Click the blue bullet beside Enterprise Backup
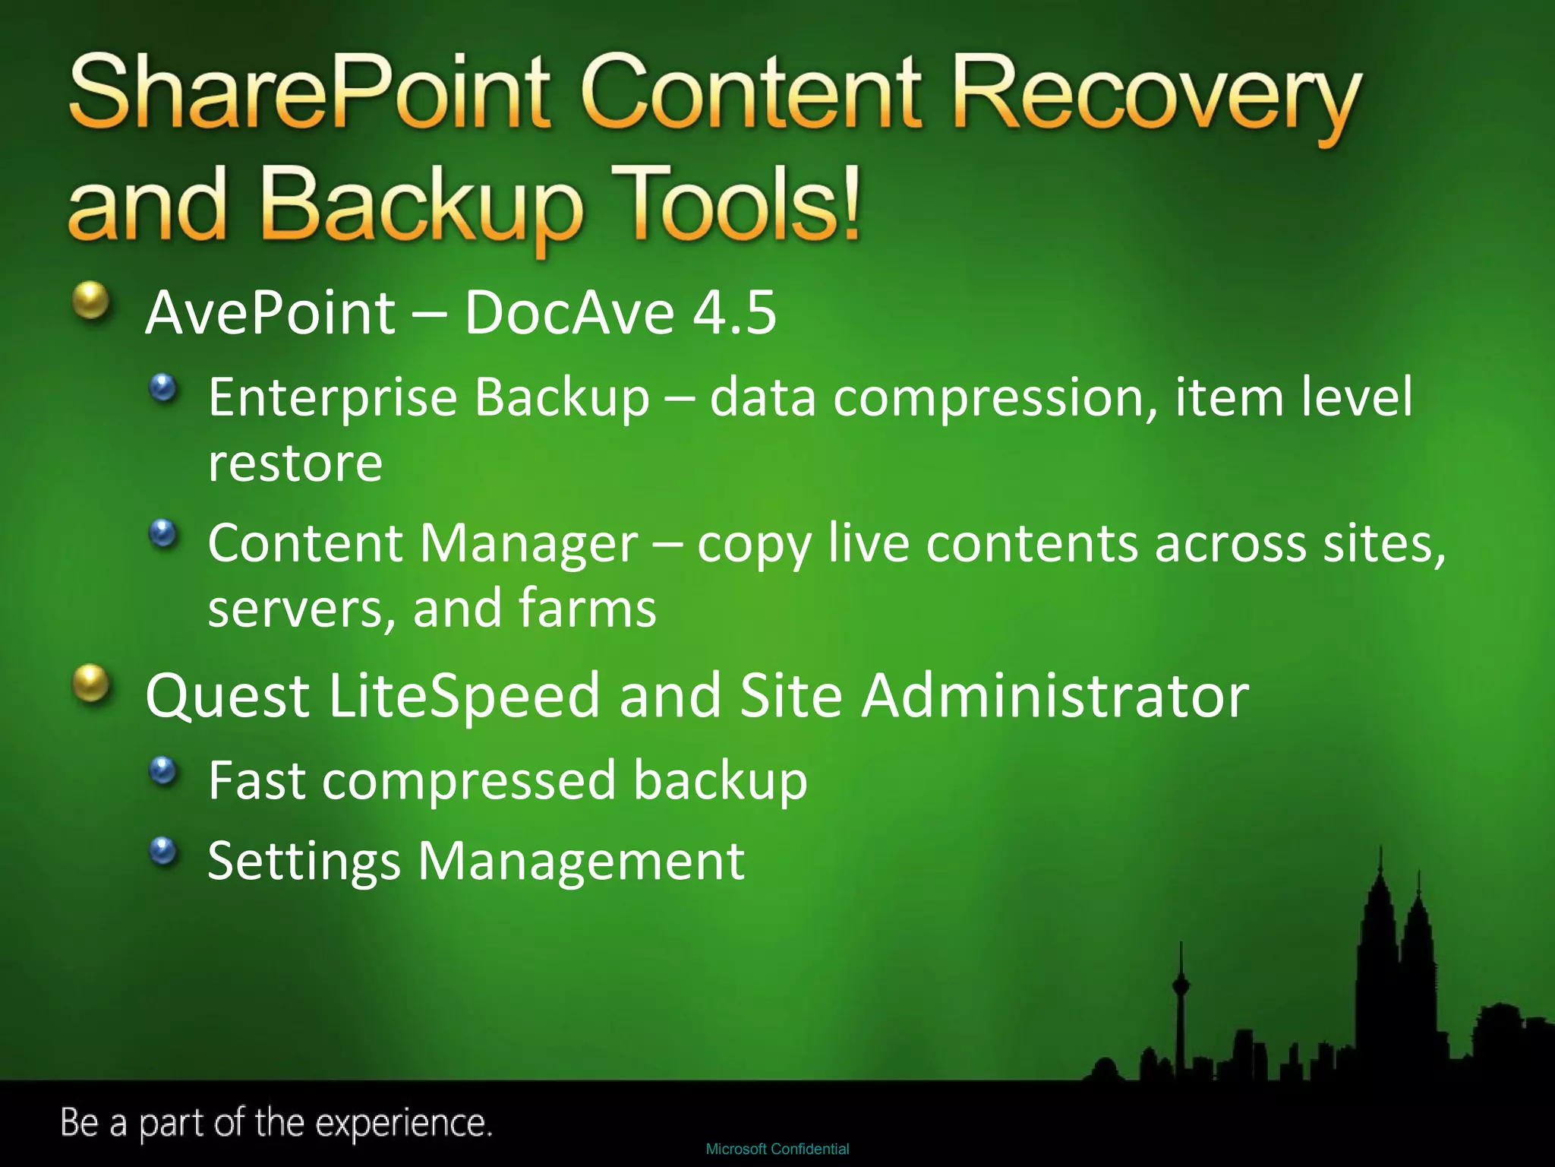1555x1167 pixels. tap(162, 388)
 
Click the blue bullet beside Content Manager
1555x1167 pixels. tap(162, 533)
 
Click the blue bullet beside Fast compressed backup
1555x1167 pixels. tap(162, 771)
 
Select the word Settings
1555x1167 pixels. tap(304, 861)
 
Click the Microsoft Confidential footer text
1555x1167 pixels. tap(777, 1149)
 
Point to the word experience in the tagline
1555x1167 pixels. tap(402, 1123)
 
